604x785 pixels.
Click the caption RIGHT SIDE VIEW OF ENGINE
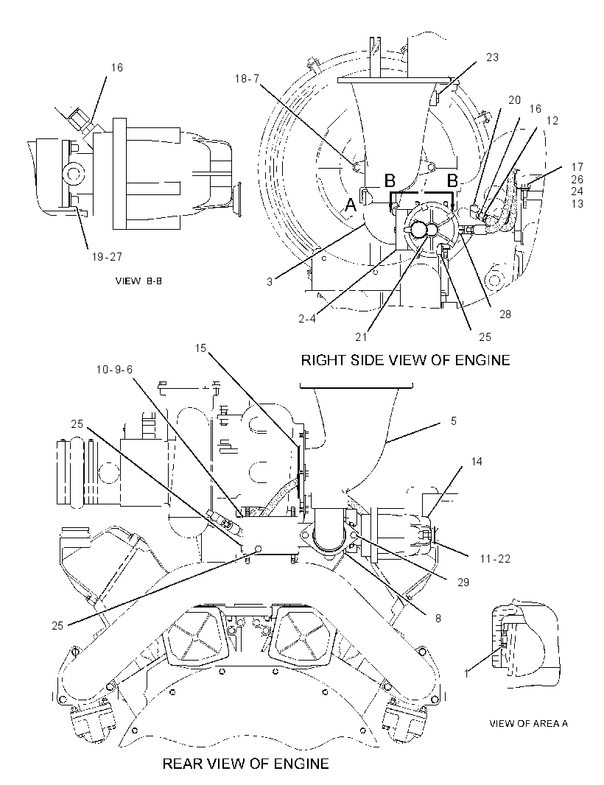405,360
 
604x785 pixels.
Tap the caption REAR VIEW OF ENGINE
245,764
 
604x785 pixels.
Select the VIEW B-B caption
138,281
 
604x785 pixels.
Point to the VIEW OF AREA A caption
528,723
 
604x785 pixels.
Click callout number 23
492,57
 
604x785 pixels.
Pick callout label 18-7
247,79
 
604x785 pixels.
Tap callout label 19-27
107,257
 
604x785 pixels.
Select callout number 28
505,314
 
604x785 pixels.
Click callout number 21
361,337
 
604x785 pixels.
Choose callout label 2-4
307,318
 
